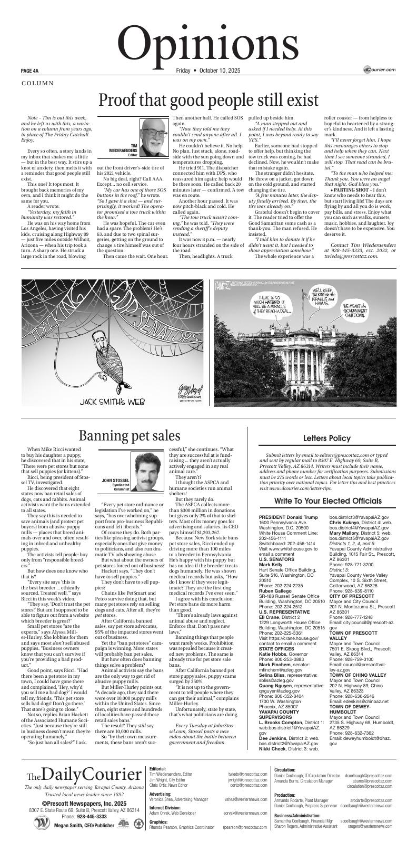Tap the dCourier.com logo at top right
pos(379,69)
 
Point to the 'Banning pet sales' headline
pos(130,435)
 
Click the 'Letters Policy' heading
pos(327,438)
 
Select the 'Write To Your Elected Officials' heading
pos(327,500)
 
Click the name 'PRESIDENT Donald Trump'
pos(289,518)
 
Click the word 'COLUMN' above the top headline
pos(37,83)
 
